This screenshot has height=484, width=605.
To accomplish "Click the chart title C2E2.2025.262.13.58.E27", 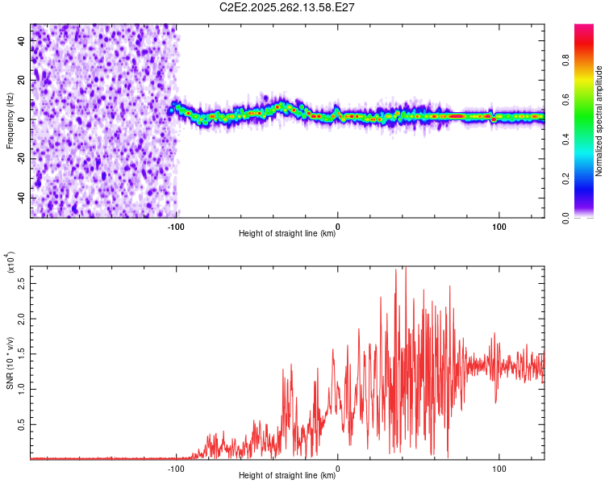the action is click(286, 7).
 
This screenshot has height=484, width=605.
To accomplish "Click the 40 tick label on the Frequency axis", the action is click(21, 40).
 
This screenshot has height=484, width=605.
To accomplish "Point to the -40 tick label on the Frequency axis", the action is click(21, 198).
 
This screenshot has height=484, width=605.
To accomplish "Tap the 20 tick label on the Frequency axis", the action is click(21, 80).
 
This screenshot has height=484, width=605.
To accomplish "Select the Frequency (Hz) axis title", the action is click(10, 121).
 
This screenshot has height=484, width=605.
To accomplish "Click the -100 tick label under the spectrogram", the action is click(176, 227).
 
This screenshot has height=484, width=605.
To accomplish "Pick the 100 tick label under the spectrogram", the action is click(499, 227).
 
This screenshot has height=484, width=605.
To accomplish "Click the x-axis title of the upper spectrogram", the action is click(287, 233).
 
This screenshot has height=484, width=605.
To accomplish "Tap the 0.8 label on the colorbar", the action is click(565, 60).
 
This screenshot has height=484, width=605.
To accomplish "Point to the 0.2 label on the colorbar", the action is click(565, 179).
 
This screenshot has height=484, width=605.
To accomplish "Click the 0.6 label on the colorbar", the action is click(565, 99).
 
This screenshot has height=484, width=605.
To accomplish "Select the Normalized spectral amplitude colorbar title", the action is click(599, 121).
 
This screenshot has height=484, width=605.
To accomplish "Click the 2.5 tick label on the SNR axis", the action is click(21, 284).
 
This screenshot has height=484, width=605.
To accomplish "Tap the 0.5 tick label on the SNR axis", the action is click(21, 424).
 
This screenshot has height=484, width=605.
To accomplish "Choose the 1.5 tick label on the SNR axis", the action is click(21, 354).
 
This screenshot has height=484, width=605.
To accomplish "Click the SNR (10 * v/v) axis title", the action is click(10, 363).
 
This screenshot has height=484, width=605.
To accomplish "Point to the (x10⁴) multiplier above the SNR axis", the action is click(10, 262).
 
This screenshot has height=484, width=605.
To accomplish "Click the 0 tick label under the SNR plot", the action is click(338, 469).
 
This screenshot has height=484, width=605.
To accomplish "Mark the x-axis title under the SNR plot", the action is click(287, 475).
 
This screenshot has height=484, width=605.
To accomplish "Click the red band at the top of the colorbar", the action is click(584, 43).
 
